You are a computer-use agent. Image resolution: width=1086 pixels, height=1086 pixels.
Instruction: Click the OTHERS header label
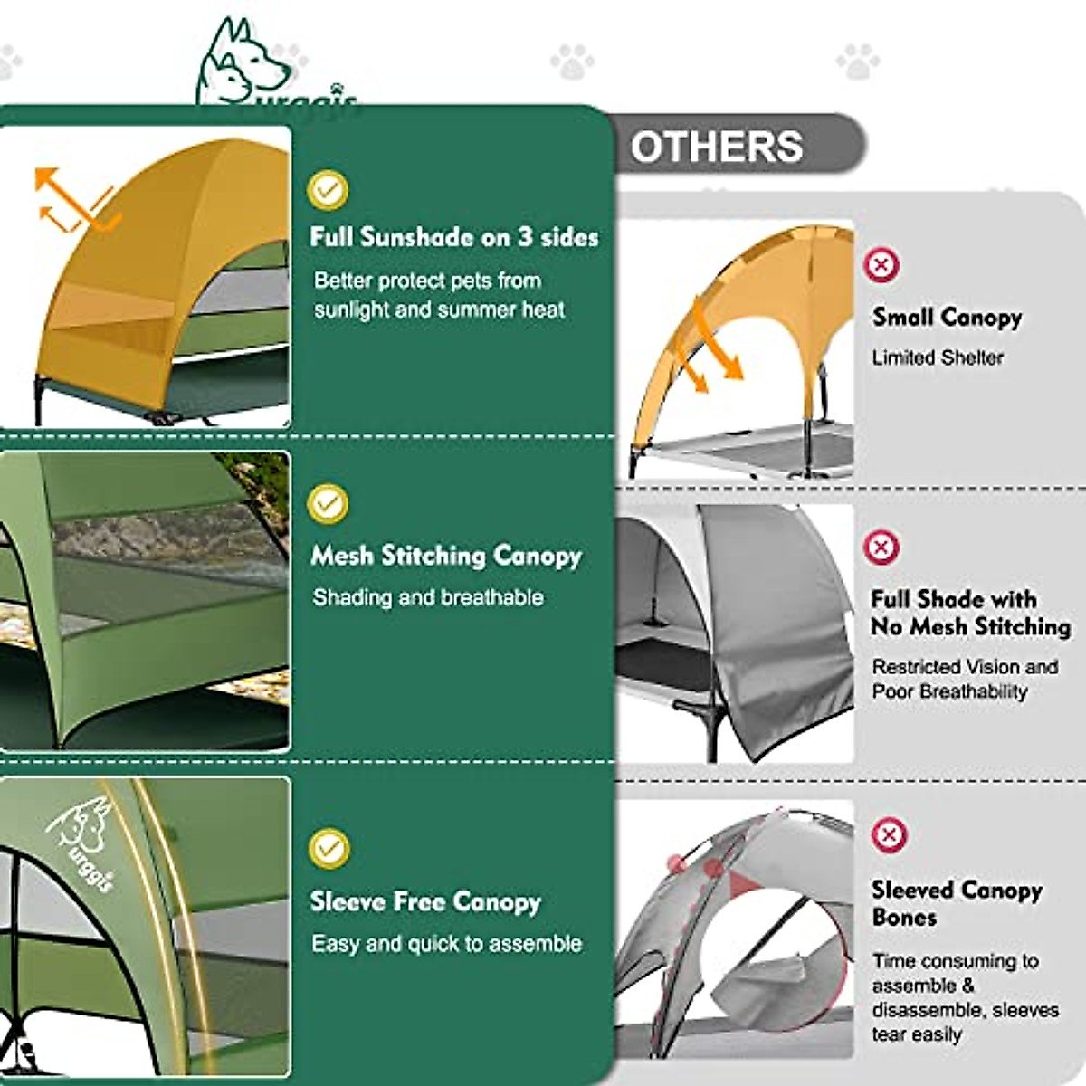click(x=716, y=147)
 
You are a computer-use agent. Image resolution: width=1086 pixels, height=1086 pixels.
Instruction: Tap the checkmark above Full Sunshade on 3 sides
click(x=328, y=189)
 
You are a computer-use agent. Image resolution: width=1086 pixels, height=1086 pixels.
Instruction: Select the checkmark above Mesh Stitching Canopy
click(x=328, y=503)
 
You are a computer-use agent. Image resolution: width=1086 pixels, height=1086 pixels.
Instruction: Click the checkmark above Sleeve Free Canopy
click(x=329, y=848)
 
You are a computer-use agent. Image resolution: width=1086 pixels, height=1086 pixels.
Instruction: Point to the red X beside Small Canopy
click(x=881, y=265)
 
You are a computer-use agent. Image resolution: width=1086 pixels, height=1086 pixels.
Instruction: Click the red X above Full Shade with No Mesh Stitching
click(x=881, y=547)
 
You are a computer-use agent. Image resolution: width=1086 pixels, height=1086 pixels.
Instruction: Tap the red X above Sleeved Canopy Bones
click(x=889, y=834)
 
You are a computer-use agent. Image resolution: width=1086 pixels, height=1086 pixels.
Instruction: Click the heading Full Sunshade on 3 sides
click(x=454, y=237)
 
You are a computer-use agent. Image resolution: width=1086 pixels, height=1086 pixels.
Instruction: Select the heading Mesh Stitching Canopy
click(x=446, y=555)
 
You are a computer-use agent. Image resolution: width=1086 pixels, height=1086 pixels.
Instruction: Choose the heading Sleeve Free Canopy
click(x=425, y=901)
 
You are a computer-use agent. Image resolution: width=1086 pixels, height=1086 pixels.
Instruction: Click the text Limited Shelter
click(x=938, y=357)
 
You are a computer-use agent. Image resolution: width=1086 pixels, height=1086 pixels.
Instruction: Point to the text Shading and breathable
click(x=428, y=597)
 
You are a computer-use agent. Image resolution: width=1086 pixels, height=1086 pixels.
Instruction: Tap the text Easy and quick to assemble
click(x=446, y=944)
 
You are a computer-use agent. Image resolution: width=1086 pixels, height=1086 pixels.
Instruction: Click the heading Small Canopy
click(x=947, y=317)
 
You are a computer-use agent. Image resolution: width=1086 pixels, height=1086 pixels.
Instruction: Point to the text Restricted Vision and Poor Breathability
click(x=964, y=679)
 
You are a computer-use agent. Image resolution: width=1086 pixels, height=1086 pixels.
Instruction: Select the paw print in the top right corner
click(x=857, y=62)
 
